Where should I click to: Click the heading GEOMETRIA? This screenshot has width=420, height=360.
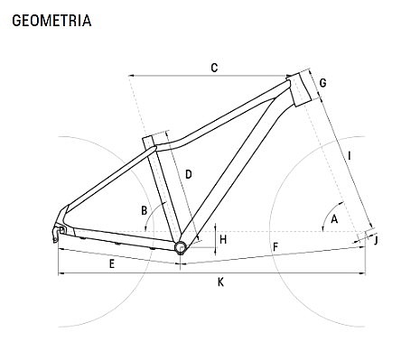pos(51,19)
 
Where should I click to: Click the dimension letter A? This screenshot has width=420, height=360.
pos(333,219)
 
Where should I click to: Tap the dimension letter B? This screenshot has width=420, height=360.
pos(144,210)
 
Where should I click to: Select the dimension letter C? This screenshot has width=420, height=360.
pos(214,68)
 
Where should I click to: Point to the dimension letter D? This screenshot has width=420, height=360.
pos(189,173)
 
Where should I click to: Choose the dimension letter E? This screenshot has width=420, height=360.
pos(111,263)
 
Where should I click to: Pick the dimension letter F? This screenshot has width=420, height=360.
pos(275,246)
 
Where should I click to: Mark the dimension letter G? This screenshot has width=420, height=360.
pos(322,83)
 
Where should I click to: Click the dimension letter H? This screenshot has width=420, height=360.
pos(223,238)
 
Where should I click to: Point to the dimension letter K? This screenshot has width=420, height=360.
pos(220,282)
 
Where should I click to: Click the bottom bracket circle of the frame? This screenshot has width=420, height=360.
pos(181,246)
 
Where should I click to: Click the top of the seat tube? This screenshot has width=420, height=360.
pos(155,140)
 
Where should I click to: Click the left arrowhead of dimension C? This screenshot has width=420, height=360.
pos(133,76)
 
